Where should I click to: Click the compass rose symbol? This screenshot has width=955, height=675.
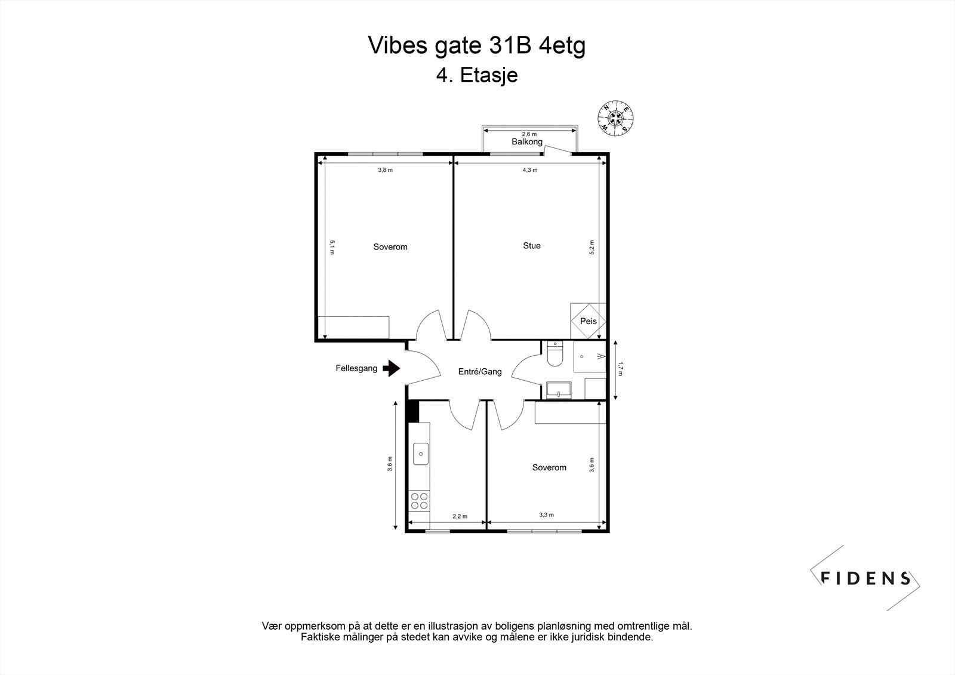[615, 118]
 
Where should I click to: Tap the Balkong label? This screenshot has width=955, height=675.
[527, 142]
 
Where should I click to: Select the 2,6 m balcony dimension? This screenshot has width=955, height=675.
[529, 134]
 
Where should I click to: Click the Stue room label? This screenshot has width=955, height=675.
[532, 246]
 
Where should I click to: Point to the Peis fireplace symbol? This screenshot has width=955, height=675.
[589, 321]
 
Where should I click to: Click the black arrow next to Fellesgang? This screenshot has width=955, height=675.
[392, 368]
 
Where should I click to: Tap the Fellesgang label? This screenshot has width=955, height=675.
[356, 368]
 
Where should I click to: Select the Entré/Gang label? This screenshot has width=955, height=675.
[480, 372]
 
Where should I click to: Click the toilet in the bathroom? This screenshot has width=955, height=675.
[555, 354]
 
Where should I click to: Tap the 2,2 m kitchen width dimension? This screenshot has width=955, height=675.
[460, 516]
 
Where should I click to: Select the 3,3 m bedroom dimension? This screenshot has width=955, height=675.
[546, 514]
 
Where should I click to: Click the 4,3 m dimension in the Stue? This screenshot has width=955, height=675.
[530, 169]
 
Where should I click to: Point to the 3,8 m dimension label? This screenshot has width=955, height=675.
[386, 169]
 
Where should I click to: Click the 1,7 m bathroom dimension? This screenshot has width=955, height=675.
[620, 369]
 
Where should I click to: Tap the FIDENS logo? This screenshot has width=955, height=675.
[865, 578]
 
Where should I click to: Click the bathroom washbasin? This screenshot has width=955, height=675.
[559, 390]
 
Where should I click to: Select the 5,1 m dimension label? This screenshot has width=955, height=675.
[332, 247]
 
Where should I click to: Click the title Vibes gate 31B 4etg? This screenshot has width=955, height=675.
[477, 45]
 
